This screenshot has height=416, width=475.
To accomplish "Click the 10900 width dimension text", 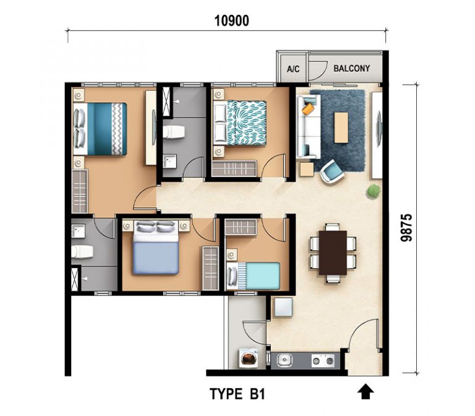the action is pos(232,21).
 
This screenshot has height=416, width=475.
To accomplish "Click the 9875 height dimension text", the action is pos(406,228).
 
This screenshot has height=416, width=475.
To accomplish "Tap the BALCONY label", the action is pos(351,68).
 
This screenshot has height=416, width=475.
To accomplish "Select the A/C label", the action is pos(293,69).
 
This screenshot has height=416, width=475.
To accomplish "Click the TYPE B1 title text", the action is pos(237,394).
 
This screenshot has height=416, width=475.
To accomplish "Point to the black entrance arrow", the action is pos(366,391).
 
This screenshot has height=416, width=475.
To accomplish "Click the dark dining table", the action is pos(333,253).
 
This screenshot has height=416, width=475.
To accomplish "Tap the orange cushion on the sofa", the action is pos(308,109).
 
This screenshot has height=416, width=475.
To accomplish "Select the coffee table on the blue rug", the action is pos(341,128).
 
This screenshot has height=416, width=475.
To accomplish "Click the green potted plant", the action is pos(373,191).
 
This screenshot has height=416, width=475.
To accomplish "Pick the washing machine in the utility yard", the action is pos(249,358).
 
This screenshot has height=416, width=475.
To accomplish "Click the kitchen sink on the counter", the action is pos(284,360).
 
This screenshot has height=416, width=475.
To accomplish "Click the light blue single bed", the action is pos(254,276).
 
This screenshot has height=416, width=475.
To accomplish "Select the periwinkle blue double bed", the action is pos(156,247).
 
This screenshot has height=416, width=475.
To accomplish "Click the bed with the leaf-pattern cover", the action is pos(240,123).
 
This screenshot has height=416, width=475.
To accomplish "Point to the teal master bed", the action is pos(100,129).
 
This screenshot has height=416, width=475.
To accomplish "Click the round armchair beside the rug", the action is pos(332,171).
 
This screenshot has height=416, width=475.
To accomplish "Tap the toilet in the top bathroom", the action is pos(174,132).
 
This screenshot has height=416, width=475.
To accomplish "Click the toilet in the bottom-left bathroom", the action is pos(82,252).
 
